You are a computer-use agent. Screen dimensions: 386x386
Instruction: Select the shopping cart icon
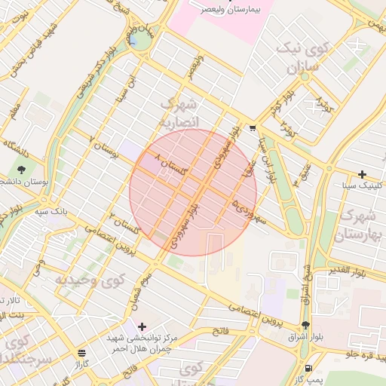(253, 127)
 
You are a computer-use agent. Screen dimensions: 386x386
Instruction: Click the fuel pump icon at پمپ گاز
(310, 367)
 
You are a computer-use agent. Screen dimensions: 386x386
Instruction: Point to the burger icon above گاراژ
(81, 352)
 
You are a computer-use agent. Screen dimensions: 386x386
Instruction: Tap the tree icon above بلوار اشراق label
(305, 326)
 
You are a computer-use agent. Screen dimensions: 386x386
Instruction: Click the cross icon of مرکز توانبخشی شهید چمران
(142, 326)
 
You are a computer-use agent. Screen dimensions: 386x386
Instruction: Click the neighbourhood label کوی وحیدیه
(89, 280)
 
